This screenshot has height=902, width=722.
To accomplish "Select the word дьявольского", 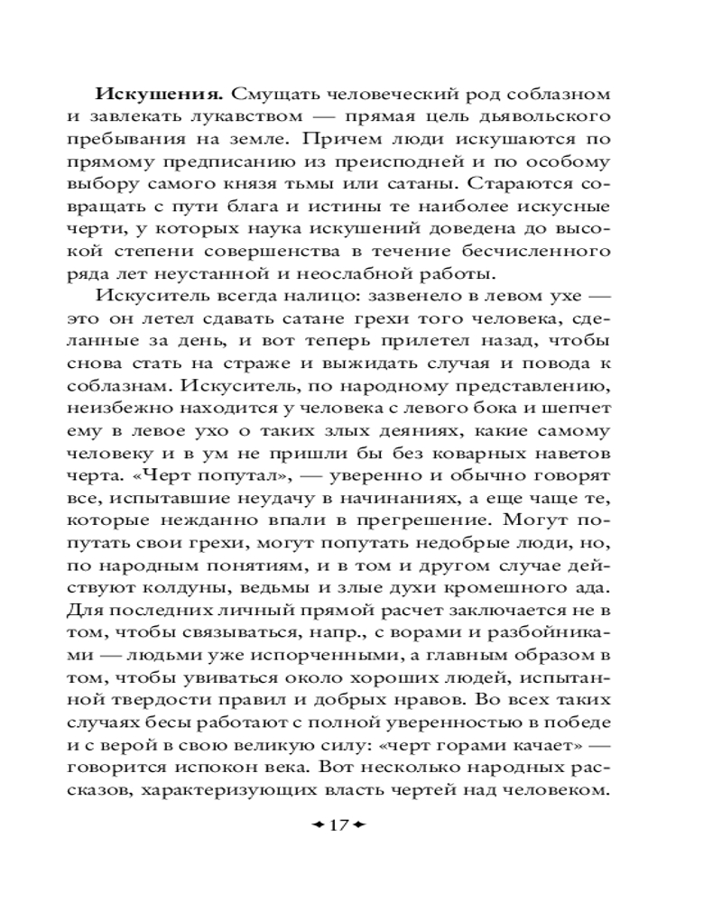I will pos(548,118).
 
